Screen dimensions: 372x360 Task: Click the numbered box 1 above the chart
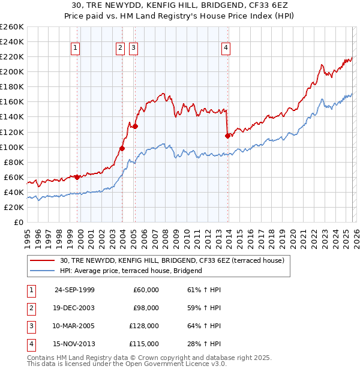coord(76,49)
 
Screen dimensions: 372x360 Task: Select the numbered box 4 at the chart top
coord(226,49)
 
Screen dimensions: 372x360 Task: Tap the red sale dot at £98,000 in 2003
coord(122,148)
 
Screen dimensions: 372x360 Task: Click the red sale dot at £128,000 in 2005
coord(135,126)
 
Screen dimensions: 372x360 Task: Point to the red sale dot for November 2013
coord(227,136)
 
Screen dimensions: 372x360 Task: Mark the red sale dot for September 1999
coord(77,177)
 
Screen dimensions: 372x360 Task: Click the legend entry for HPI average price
coord(131,271)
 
